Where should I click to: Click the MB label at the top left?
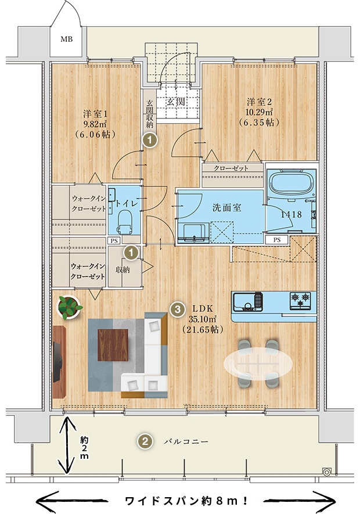coord(67,39)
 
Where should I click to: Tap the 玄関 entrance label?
coord(176,102)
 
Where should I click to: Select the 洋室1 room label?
coord(95,114)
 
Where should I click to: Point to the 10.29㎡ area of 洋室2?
coord(259,112)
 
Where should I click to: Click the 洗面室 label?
coord(227,207)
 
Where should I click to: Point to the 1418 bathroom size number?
coord(291,214)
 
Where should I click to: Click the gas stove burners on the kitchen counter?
coord(300,300)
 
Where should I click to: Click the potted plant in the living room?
coord(69,307)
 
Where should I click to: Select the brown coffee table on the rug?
coord(113,345)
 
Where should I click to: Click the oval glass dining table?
coord(258,364)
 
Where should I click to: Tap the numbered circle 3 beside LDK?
coord(177,309)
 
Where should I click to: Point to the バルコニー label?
coord(186,441)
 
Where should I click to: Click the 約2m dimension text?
coord(84,448)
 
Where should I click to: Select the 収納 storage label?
coord(123,269)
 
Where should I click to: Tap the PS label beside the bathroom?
coord(277,240)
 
